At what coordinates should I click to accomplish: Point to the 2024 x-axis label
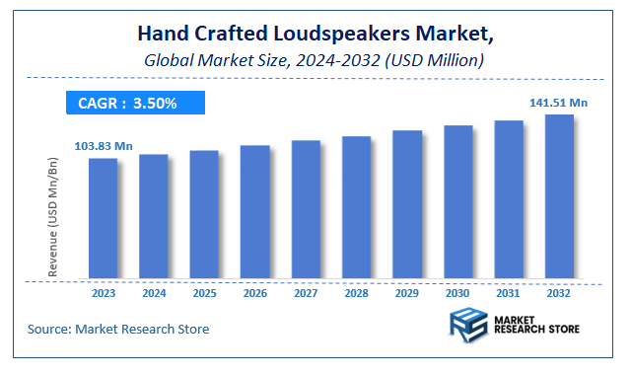pyautogui.click(x=154, y=293)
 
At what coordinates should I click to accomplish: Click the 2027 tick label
pyautogui.click(x=306, y=293)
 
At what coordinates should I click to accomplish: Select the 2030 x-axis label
pyautogui.click(x=457, y=293)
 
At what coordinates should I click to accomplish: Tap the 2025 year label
pyautogui.click(x=204, y=293)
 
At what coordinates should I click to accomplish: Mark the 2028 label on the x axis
pyautogui.click(x=356, y=293)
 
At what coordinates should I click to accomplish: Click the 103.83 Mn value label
pyautogui.click(x=103, y=146)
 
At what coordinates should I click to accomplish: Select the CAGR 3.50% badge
pyautogui.click(x=134, y=103)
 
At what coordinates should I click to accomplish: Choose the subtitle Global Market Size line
pyautogui.click(x=314, y=60)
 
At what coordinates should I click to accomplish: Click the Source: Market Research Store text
pyautogui.click(x=118, y=328)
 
